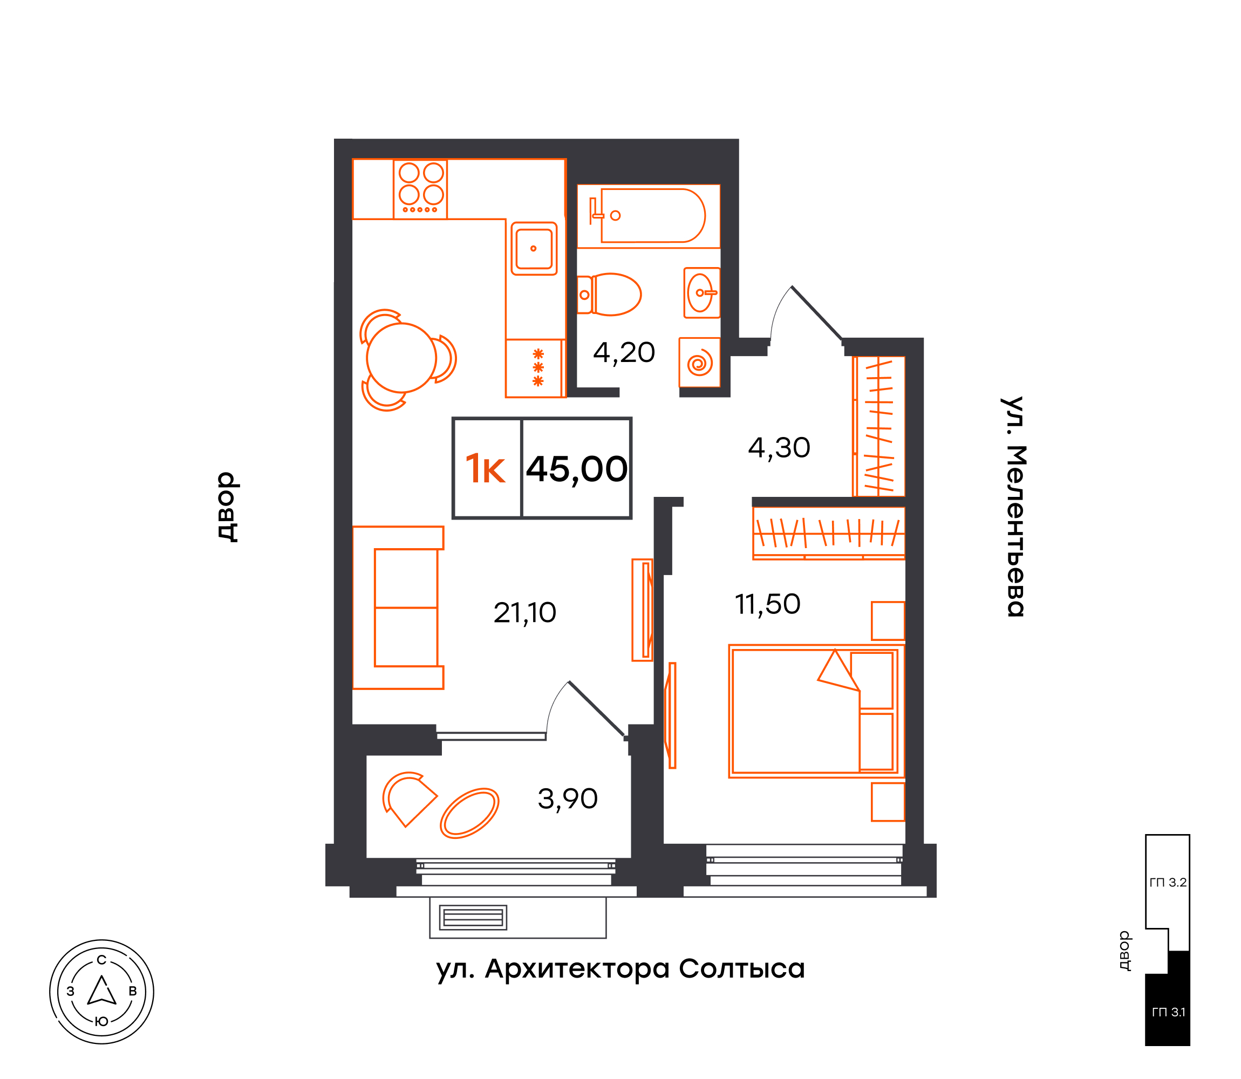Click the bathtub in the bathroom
point(649,216)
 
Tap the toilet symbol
point(608,295)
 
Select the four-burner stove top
point(420,189)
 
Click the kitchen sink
point(534,249)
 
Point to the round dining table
point(401,358)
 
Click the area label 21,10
point(524,613)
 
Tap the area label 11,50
point(768,605)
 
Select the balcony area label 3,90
point(567,799)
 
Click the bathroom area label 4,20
point(624,353)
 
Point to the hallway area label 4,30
point(779,448)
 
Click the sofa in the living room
point(398,607)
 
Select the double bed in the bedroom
point(814,711)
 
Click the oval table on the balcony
point(469,813)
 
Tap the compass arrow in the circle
point(102,991)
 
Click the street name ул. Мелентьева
point(1014,507)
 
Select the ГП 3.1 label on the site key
point(1168,1013)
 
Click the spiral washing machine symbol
point(700,362)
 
